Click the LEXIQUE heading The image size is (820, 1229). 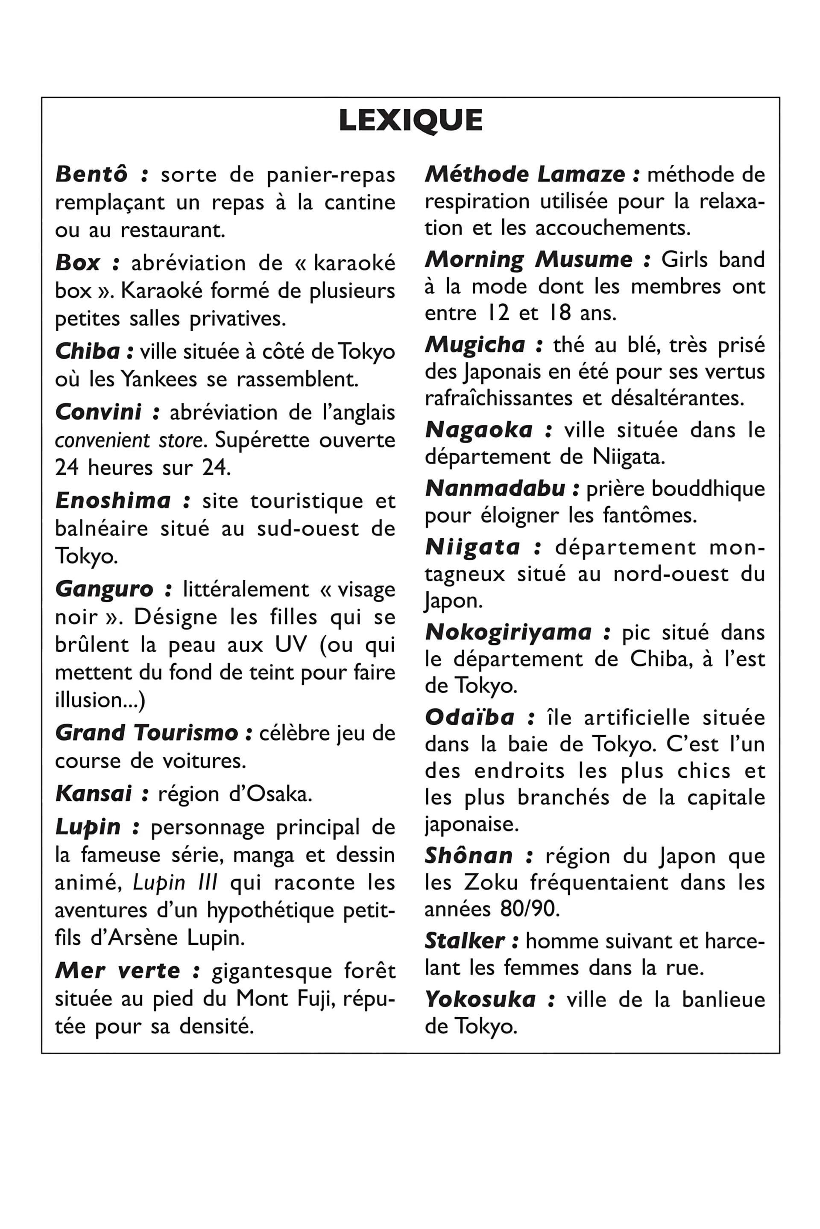click(x=410, y=121)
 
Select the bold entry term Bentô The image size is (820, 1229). click(x=91, y=175)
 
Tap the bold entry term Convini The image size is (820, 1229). click(x=98, y=412)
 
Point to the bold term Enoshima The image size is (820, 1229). click(x=113, y=501)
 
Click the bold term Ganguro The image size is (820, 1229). click(x=104, y=589)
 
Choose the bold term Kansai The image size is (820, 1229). click(x=94, y=794)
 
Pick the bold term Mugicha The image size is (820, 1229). click(x=475, y=345)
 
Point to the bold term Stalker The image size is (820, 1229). click(x=464, y=941)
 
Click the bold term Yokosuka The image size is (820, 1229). click(x=480, y=999)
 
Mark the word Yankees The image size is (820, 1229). click(x=159, y=379)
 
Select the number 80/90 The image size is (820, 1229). click(x=529, y=910)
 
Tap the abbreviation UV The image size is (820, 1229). click(x=291, y=645)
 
